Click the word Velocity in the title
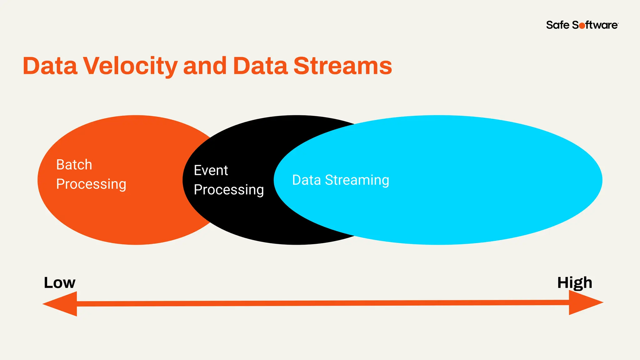(130, 66)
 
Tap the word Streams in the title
(342, 66)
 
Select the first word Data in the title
(50, 66)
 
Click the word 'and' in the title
(205, 66)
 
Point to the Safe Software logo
(582, 25)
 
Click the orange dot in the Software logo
(582, 26)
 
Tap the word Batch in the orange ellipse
(74, 165)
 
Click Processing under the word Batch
(91, 184)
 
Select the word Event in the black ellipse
(211, 171)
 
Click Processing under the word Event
(229, 190)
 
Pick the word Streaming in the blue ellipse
(357, 180)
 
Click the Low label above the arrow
(59, 282)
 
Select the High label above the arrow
(574, 282)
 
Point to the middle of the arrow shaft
(323, 303)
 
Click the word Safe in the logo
(557, 25)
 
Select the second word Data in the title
(260, 66)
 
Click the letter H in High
(563, 282)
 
